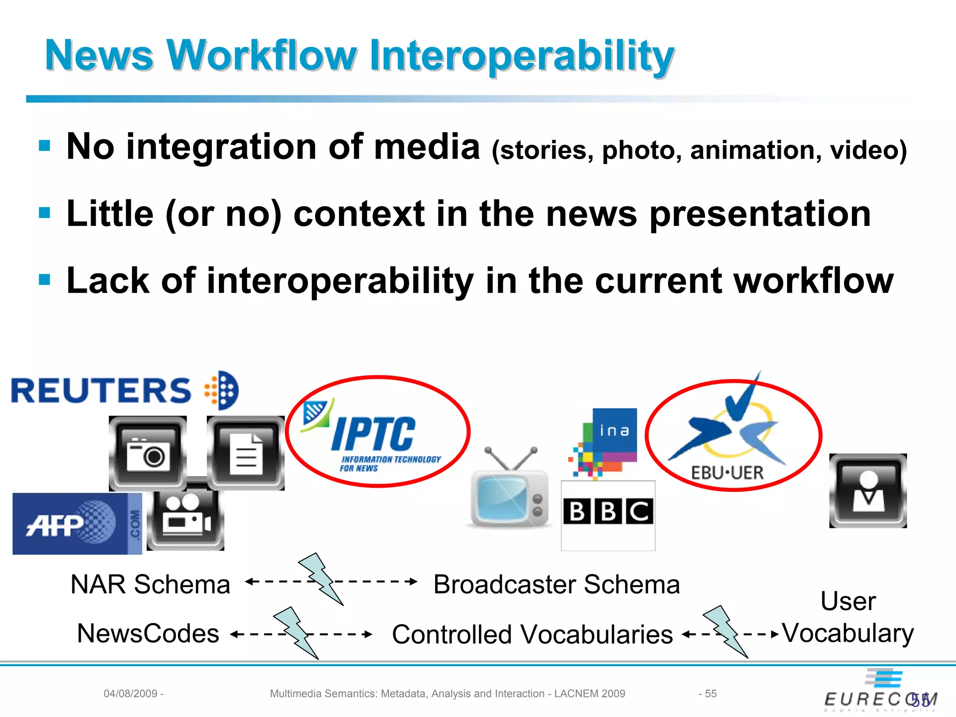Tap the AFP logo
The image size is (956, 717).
click(77, 524)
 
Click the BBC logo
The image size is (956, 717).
click(608, 512)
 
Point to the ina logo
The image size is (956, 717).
click(607, 442)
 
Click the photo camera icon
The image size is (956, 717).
click(148, 453)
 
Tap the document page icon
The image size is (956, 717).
click(246, 453)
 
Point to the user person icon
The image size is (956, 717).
click(868, 491)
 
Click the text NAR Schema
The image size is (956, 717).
click(150, 584)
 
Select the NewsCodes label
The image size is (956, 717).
click(148, 633)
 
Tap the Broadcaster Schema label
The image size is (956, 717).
click(556, 584)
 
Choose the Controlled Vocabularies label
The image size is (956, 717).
click(532, 634)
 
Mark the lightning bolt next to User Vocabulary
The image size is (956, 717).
click(725, 631)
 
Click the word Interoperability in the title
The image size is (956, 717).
click(522, 56)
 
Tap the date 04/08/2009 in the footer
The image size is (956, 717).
click(130, 694)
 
